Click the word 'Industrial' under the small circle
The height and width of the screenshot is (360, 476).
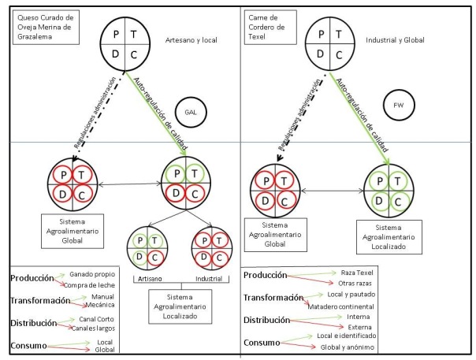pos(208,279)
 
